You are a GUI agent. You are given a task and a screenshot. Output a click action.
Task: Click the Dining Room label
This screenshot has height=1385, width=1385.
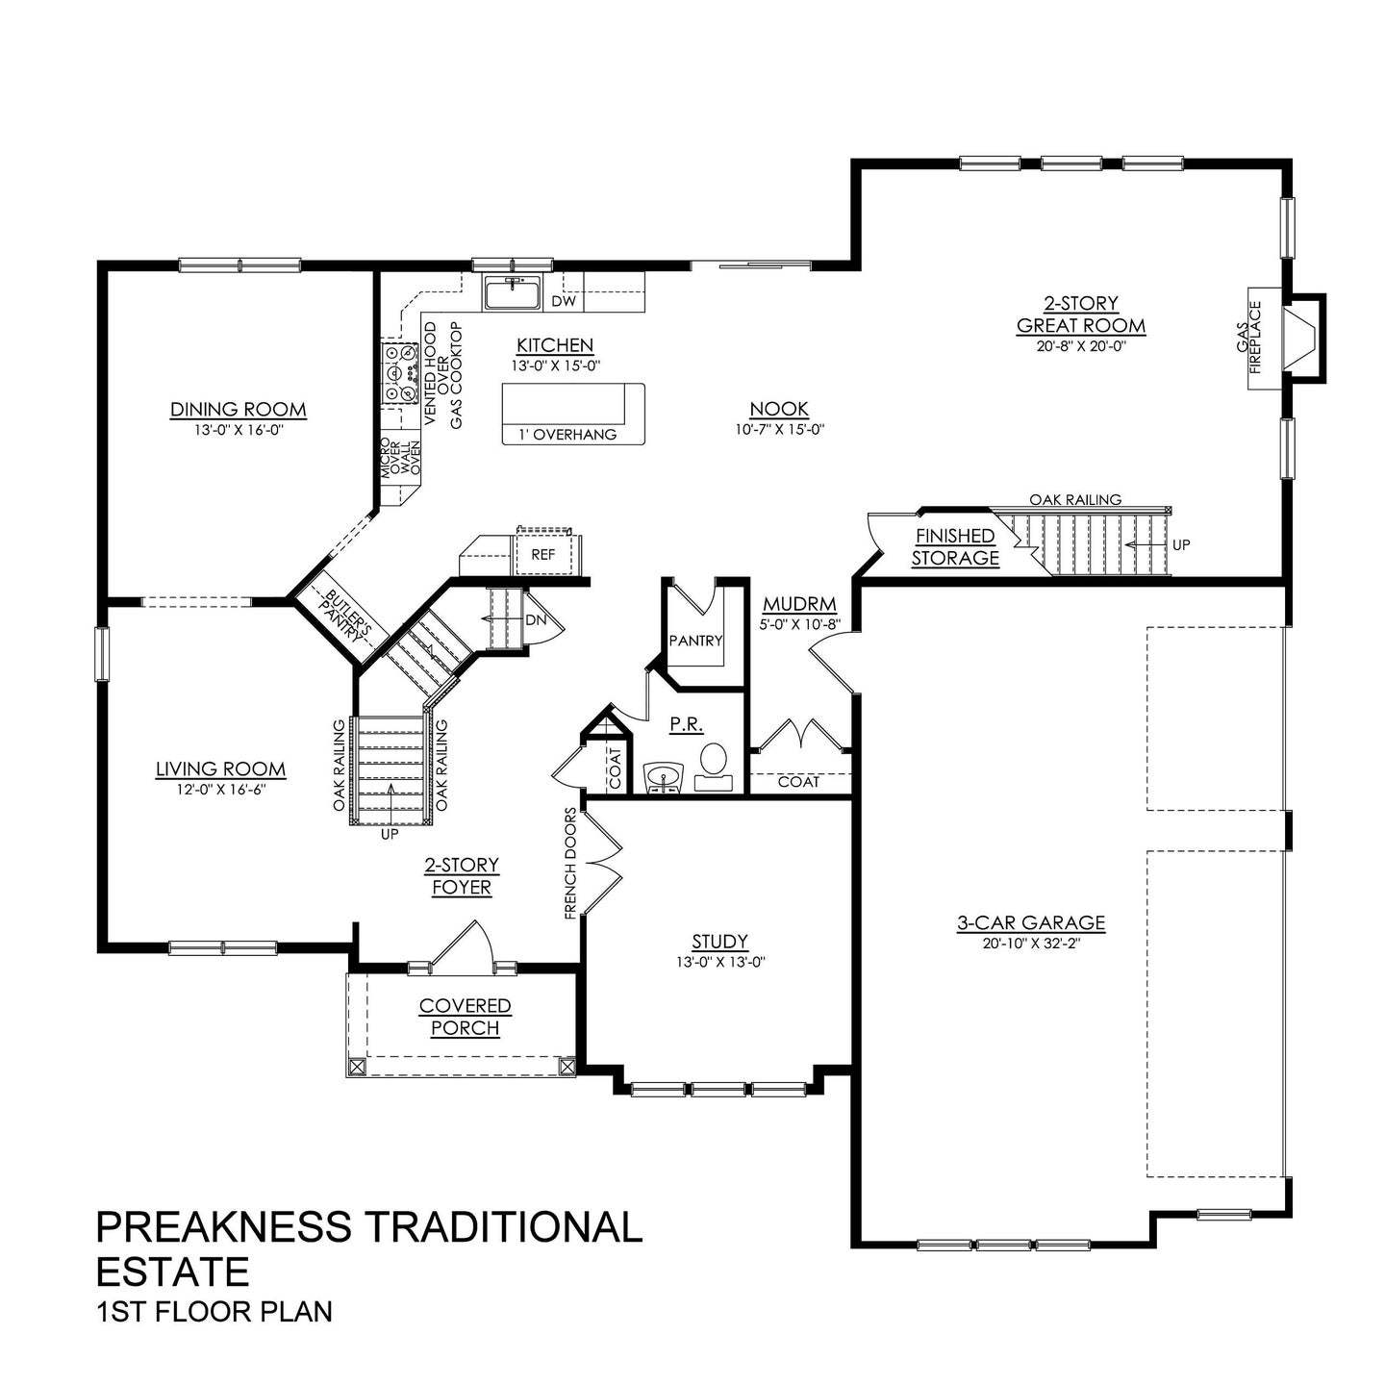(x=238, y=410)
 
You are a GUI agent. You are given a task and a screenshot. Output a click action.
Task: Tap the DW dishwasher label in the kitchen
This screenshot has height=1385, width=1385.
(x=564, y=301)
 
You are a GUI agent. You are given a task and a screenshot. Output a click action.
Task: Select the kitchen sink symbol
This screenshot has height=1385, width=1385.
(x=514, y=293)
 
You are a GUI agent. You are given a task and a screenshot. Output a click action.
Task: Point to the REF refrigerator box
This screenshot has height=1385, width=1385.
(x=543, y=554)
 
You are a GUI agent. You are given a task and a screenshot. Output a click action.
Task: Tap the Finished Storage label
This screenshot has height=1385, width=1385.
(x=955, y=547)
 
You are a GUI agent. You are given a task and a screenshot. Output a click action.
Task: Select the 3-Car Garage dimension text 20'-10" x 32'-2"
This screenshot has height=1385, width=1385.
(x=1031, y=943)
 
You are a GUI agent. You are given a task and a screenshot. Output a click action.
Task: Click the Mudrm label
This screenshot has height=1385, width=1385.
(x=799, y=605)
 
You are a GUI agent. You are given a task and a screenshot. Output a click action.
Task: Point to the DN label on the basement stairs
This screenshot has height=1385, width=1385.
(x=536, y=620)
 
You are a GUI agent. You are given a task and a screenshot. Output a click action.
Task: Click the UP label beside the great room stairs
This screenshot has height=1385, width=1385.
(x=1181, y=544)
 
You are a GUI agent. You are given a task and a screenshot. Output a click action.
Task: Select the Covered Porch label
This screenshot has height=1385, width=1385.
(x=465, y=1017)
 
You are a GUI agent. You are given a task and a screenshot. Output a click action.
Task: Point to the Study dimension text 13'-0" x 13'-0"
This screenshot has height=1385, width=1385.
(x=719, y=961)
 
